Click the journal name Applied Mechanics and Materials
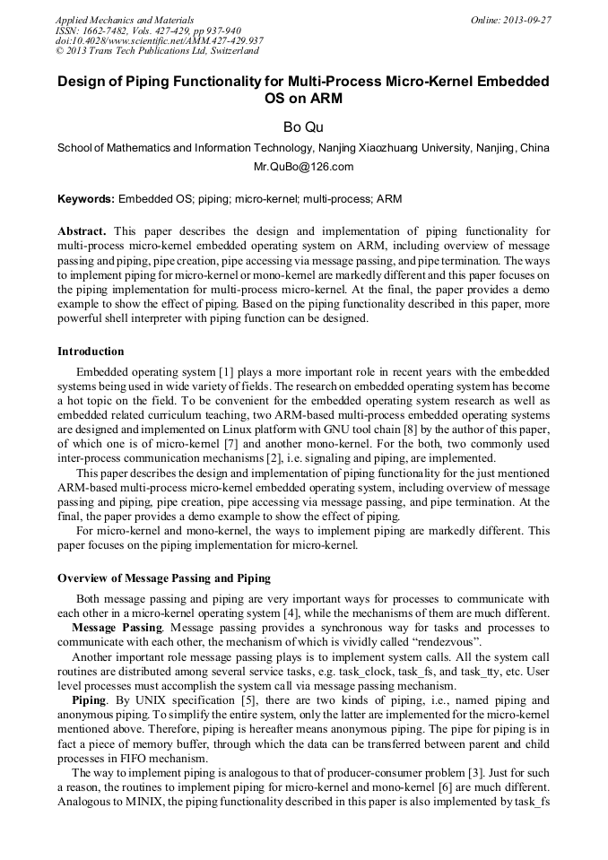[124, 19]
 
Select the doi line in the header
[159, 40]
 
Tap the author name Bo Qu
[303, 127]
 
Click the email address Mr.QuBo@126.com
[303, 167]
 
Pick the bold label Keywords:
[86, 198]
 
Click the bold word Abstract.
[83, 230]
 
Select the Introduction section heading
[91, 351]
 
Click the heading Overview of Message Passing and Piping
[164, 578]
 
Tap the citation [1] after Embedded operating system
[226, 371]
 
